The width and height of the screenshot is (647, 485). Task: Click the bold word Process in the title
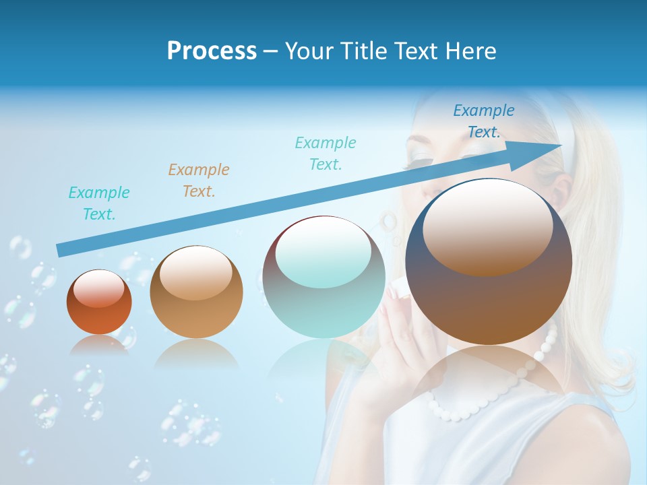click(212, 51)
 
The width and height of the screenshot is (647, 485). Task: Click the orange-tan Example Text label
click(199, 181)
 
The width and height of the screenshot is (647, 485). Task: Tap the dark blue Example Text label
click(484, 121)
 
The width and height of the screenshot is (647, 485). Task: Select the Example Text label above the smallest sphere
click(99, 203)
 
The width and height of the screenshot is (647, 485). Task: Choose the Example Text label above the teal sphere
click(326, 153)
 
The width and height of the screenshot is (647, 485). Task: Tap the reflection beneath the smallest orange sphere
click(99, 345)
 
